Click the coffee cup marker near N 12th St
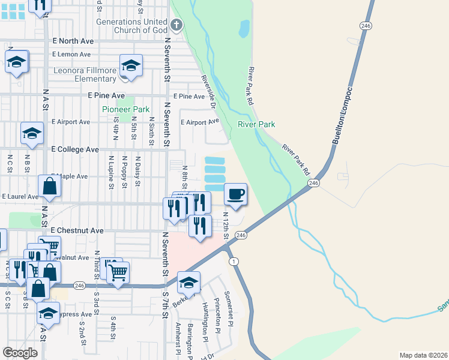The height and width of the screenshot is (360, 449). pyautogui.click(x=235, y=194)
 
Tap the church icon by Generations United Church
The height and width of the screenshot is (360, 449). pyautogui.click(x=176, y=25)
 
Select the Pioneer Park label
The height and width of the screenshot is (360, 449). pyautogui.click(x=125, y=109)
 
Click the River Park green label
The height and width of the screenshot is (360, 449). pyautogui.click(x=256, y=124)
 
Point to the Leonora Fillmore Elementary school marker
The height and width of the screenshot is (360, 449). pyautogui.click(x=130, y=65)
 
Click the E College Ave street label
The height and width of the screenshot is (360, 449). pyautogui.click(x=76, y=149)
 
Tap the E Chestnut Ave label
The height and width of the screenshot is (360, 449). pyautogui.click(x=77, y=230)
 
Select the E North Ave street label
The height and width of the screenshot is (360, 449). pyautogui.click(x=73, y=41)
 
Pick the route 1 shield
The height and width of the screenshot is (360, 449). pyautogui.click(x=234, y=261)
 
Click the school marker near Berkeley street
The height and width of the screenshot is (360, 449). pyautogui.click(x=188, y=282)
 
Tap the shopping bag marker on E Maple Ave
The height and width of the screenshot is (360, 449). pyautogui.click(x=49, y=187)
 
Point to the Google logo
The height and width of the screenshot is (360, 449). pyautogui.click(x=20, y=353)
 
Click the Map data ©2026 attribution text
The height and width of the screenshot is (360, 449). pyautogui.click(x=423, y=355)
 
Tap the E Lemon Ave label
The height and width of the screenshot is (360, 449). pyautogui.click(x=71, y=54)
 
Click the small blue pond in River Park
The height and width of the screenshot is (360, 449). pyautogui.click(x=244, y=28)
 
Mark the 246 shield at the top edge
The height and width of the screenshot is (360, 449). pyautogui.click(x=365, y=25)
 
